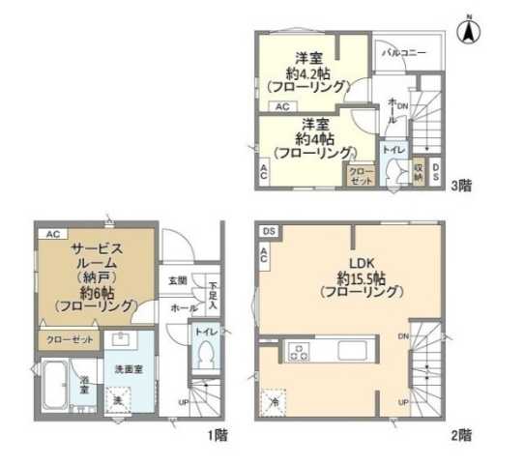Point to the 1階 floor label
coord(217,434)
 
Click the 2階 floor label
coord(460,434)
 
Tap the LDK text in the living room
coord(347,262)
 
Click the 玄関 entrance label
coord(179,281)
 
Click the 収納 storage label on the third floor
coord(419,171)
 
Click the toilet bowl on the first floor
coord(203,357)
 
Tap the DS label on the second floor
coord(268,230)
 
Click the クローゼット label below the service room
coord(69,340)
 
